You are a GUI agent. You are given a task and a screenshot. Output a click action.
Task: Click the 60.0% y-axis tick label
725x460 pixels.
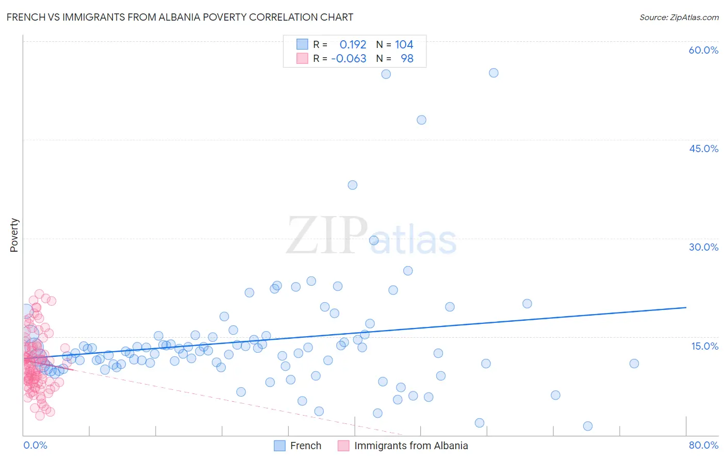[x=703, y=50]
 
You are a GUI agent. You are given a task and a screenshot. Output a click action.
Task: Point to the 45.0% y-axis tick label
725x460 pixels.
[x=703, y=149]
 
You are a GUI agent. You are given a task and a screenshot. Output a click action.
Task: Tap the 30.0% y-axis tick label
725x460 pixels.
[x=703, y=247]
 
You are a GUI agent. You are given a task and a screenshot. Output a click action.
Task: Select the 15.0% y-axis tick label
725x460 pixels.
[x=704, y=346]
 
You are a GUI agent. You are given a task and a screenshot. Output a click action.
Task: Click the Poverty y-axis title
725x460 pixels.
[x=14, y=235]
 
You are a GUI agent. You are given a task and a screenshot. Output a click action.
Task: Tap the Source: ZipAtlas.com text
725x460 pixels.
[x=679, y=18]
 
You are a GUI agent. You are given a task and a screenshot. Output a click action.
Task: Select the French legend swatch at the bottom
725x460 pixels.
[x=279, y=446]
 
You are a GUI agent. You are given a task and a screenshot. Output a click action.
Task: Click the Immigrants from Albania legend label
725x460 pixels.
[x=411, y=446]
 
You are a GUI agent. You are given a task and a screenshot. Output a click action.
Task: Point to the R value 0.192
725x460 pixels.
[x=353, y=45]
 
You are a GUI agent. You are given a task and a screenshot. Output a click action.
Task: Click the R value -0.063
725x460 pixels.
[x=349, y=59]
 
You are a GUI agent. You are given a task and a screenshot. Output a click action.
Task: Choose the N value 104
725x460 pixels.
[x=404, y=45]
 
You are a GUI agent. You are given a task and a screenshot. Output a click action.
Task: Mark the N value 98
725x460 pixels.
[x=407, y=59]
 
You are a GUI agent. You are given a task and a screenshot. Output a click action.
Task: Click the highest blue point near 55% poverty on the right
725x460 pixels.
[x=493, y=73]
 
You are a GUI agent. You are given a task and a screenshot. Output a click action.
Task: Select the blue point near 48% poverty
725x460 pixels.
[x=421, y=120]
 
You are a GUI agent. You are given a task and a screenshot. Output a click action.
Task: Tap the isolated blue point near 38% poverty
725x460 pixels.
[x=352, y=185]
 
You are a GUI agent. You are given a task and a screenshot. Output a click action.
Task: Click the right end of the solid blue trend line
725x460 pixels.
[x=686, y=307]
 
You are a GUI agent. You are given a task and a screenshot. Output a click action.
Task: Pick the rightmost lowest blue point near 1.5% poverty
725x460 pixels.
[x=587, y=426]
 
